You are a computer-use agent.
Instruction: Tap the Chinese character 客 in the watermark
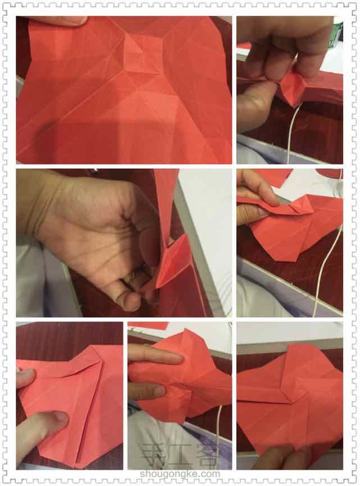coord(206,457)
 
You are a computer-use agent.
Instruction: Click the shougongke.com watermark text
coord(180,474)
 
